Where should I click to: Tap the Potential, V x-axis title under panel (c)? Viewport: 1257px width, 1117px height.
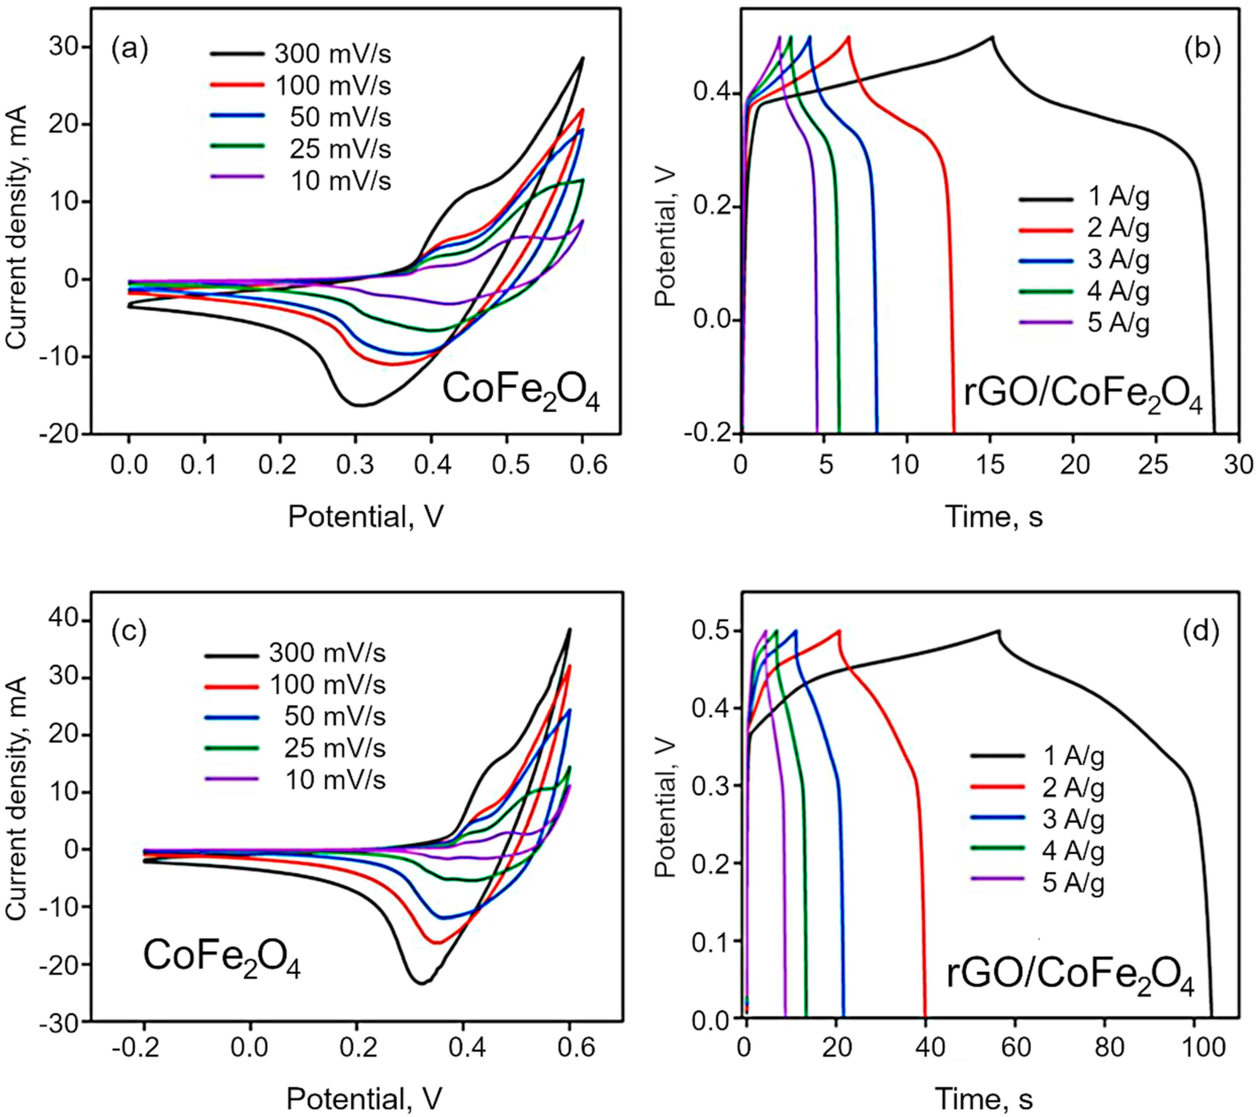pos(364,1098)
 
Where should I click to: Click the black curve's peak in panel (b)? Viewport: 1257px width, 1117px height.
pos(992,37)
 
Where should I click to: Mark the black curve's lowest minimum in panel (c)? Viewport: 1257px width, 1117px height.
pos(421,983)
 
